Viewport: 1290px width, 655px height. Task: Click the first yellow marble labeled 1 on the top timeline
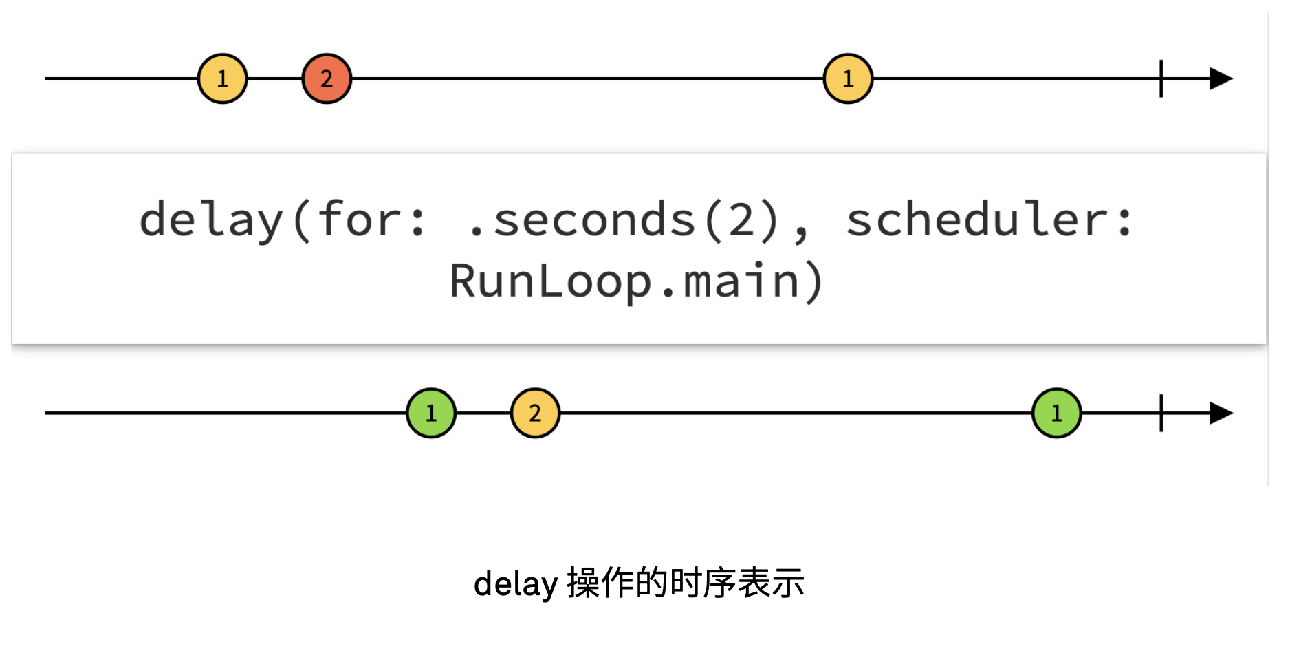pyautogui.click(x=222, y=78)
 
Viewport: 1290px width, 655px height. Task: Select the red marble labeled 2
pyautogui.click(x=327, y=78)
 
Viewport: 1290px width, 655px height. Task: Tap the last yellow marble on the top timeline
pyautogui.click(x=848, y=78)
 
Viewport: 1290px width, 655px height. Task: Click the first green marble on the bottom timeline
pyautogui.click(x=431, y=413)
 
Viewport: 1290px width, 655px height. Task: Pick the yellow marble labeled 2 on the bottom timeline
pyautogui.click(x=535, y=413)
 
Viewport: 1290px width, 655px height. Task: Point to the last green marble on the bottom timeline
pyautogui.click(x=1057, y=413)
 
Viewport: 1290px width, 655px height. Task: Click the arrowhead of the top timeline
pyautogui.click(x=1221, y=78)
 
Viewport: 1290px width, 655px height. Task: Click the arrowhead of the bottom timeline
pyautogui.click(x=1221, y=413)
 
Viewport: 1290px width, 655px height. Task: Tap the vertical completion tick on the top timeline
pyautogui.click(x=1161, y=78)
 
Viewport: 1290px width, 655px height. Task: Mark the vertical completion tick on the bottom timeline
pyautogui.click(x=1161, y=413)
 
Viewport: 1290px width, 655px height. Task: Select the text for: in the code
pyautogui.click(x=371, y=220)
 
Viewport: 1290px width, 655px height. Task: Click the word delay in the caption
pyautogui.click(x=516, y=584)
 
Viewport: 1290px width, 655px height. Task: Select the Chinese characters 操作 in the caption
pyautogui.click(x=600, y=583)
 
